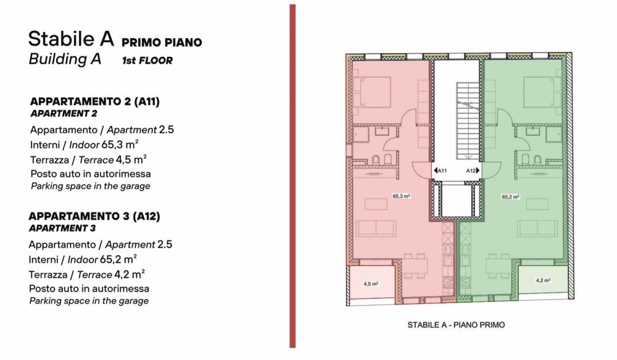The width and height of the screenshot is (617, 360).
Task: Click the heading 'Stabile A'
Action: click(x=71, y=39)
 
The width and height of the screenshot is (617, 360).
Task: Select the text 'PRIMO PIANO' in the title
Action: click(x=162, y=42)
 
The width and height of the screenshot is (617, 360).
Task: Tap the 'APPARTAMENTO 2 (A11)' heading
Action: click(x=95, y=102)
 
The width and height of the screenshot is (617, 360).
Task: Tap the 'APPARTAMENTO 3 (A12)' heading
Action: click(x=94, y=216)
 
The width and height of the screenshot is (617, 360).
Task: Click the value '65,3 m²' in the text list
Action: click(x=120, y=144)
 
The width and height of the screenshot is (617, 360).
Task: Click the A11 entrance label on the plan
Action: click(x=441, y=170)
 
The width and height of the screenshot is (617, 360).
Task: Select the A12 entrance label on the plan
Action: click(x=473, y=170)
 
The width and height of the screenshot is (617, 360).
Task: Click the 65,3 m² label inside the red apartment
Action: click(x=402, y=196)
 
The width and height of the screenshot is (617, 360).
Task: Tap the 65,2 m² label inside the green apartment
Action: click(x=510, y=196)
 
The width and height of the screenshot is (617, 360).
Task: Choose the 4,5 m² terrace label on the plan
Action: click(x=371, y=283)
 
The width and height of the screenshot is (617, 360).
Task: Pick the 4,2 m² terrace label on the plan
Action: click(x=543, y=280)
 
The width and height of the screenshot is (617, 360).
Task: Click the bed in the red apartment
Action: click(x=372, y=92)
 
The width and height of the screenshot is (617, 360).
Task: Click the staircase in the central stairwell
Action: click(x=468, y=120)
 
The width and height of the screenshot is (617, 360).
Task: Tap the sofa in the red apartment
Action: click(x=376, y=228)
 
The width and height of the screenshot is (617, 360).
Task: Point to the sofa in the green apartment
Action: click(x=537, y=228)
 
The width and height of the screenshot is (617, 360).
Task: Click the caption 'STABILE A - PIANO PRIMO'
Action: click(x=456, y=325)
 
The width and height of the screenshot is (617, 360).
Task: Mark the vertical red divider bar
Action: click(x=292, y=176)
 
